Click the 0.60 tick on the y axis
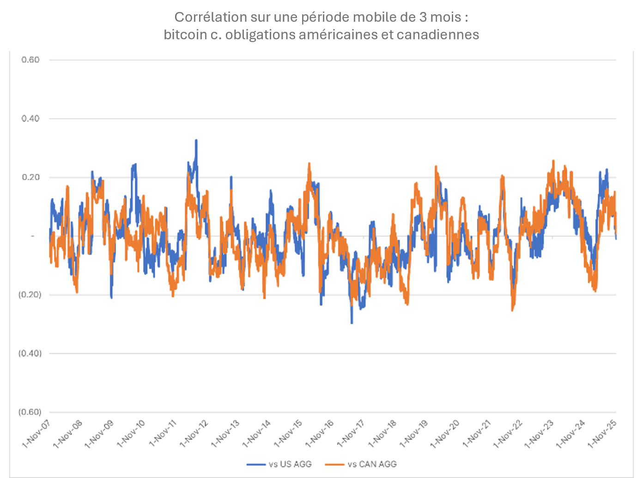pos(30,60)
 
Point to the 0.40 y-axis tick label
pos(30,119)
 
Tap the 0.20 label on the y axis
pos(30,177)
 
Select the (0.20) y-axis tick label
pos(30,295)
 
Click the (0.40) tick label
pos(30,353)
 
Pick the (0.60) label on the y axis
pos(30,412)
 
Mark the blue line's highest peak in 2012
pos(196,140)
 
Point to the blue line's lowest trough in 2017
pos(352,323)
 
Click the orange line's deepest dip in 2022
pos(512,310)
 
